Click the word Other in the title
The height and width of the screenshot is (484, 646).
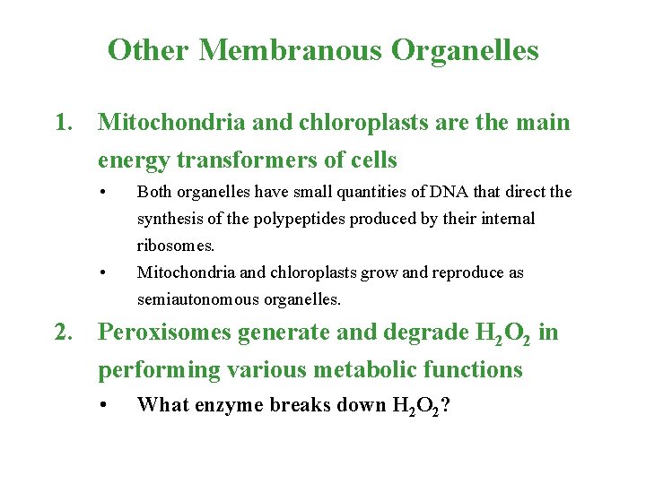[x=148, y=49]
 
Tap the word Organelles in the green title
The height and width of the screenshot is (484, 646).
[x=465, y=49]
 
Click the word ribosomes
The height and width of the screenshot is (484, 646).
[x=170, y=246]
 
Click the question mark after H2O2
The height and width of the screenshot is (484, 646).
[x=445, y=405]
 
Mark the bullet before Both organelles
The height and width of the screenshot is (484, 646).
[x=105, y=192]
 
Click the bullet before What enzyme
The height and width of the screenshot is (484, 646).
[x=105, y=405]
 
